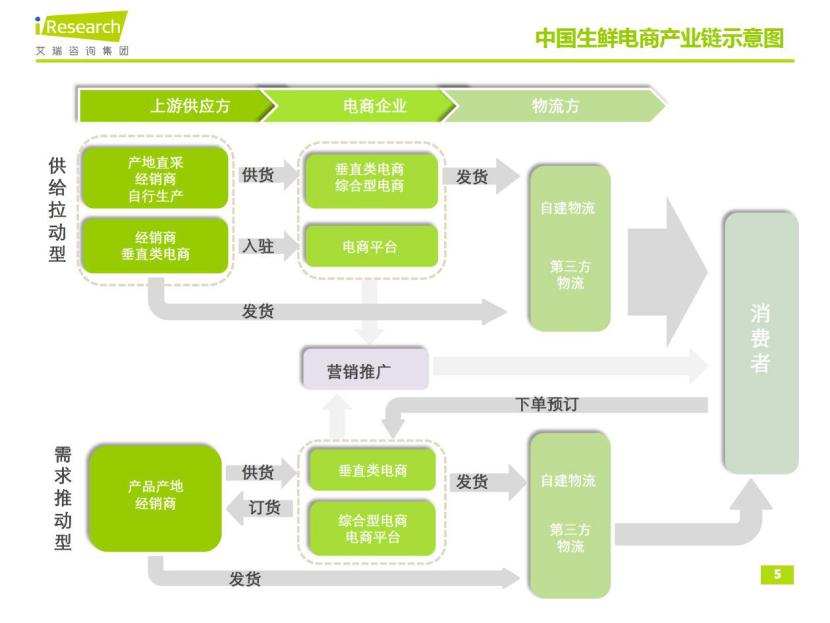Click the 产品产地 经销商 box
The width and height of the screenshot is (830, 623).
(154, 494)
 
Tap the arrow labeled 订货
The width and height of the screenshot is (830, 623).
(263, 509)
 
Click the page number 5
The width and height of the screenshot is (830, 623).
(776, 574)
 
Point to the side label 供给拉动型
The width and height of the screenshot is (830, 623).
(58, 210)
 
